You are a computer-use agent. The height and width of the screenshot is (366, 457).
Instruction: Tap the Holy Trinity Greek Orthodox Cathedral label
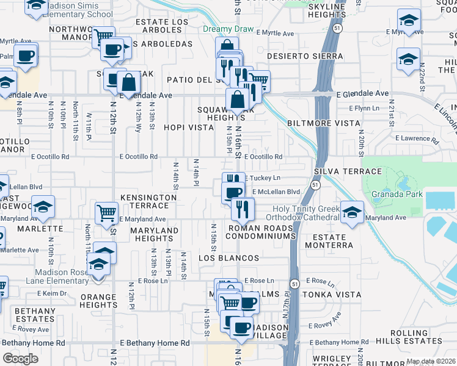(x=306, y=213)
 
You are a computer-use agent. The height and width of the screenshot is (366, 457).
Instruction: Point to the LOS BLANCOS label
(x=229, y=258)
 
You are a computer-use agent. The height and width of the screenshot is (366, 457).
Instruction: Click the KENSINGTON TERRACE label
(x=148, y=202)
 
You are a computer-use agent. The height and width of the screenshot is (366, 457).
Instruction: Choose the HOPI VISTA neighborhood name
(x=189, y=127)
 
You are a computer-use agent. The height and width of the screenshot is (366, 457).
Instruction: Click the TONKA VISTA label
(x=334, y=293)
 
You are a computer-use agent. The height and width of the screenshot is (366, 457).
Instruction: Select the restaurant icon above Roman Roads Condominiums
(x=243, y=209)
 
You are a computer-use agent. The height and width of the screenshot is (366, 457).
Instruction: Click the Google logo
(x=20, y=359)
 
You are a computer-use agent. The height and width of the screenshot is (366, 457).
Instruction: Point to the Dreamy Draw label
(x=222, y=29)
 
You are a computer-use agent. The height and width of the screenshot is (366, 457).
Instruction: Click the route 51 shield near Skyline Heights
(x=338, y=29)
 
